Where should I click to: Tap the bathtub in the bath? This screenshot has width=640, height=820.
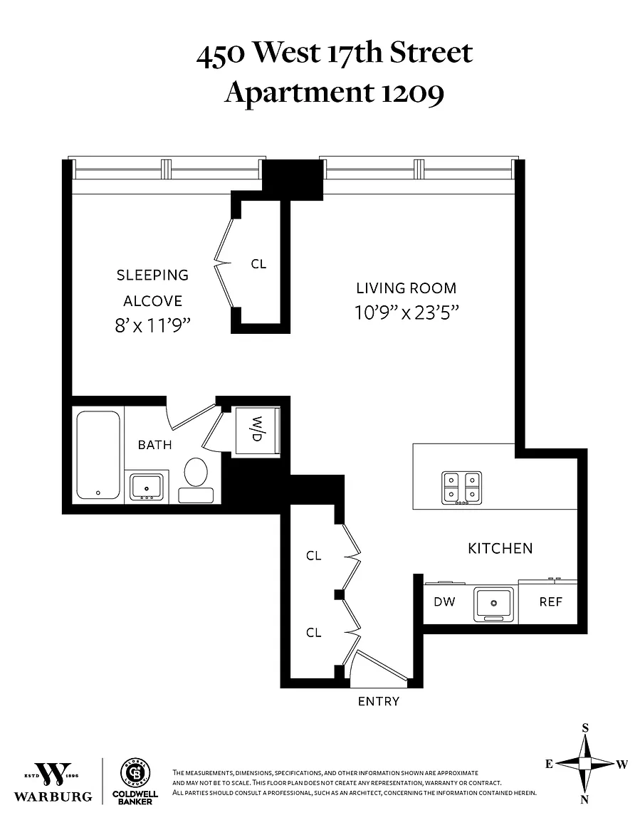coord(98,454)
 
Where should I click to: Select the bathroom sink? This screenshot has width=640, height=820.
coord(147,486)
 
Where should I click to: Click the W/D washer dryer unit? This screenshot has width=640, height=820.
coord(257,431)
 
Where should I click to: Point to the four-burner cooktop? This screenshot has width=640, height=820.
coord(462,488)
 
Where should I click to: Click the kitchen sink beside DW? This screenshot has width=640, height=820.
coord(493,604)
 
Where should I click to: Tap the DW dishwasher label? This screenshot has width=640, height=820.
coord(444,601)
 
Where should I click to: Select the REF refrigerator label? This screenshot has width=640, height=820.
coord(550,601)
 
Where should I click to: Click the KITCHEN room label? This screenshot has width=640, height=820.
coord(500,548)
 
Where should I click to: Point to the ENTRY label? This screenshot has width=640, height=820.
coord(379,701)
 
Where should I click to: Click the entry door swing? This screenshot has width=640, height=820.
coord(379,667)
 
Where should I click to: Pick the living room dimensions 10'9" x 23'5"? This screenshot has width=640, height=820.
coord(406,312)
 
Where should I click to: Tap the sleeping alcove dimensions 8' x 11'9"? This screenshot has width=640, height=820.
coord(152,326)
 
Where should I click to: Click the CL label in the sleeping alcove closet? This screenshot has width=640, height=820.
coord(259,264)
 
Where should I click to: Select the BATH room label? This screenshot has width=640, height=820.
coord(154,444)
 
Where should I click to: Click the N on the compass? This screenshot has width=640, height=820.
coord(584,799)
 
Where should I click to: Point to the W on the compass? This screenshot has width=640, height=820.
coord(621,764)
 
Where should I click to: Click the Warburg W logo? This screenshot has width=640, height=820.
coord(53,774)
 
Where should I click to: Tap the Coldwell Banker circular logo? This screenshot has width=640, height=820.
coord(135,773)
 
